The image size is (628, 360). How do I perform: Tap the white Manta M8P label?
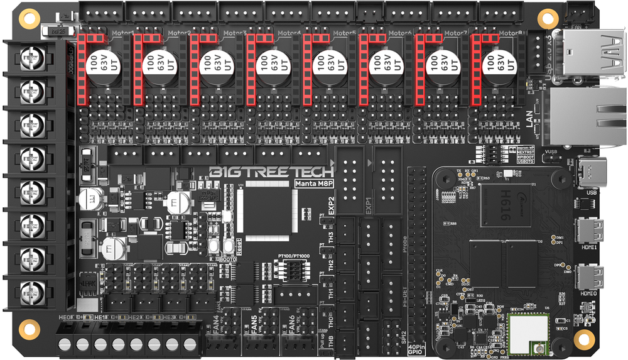pyautogui.click(x=313, y=184)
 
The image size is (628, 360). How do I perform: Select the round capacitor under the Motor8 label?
pyautogui.click(x=496, y=67)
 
